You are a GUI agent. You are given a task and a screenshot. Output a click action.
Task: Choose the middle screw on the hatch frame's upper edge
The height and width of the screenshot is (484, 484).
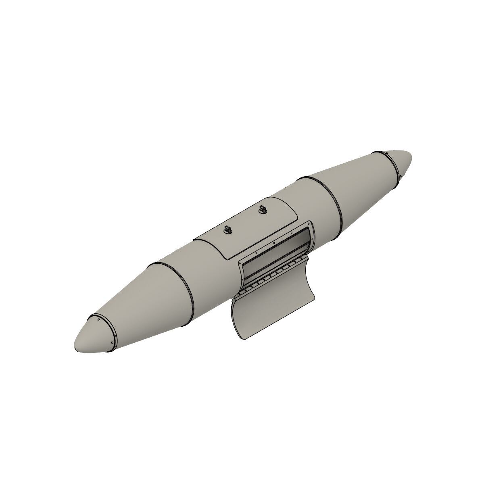(274, 243)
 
